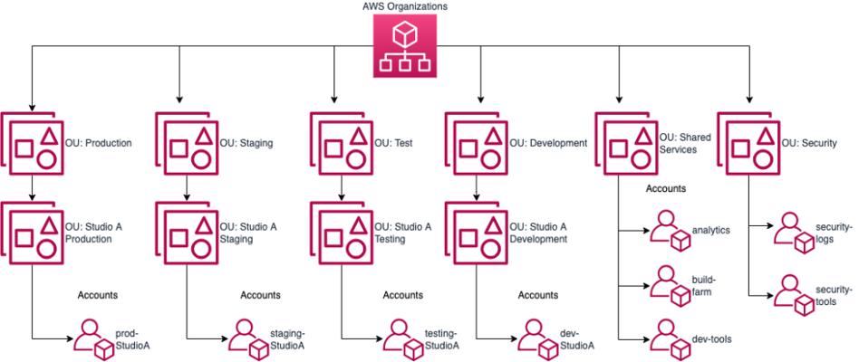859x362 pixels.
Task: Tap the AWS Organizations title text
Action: click(404, 6)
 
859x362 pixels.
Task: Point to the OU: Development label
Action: click(549, 143)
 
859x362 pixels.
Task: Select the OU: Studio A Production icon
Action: click(33, 232)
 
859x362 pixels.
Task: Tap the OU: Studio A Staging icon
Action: click(187, 232)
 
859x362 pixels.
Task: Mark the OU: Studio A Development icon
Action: click(477, 232)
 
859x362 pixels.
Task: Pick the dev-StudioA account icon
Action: click(538, 338)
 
